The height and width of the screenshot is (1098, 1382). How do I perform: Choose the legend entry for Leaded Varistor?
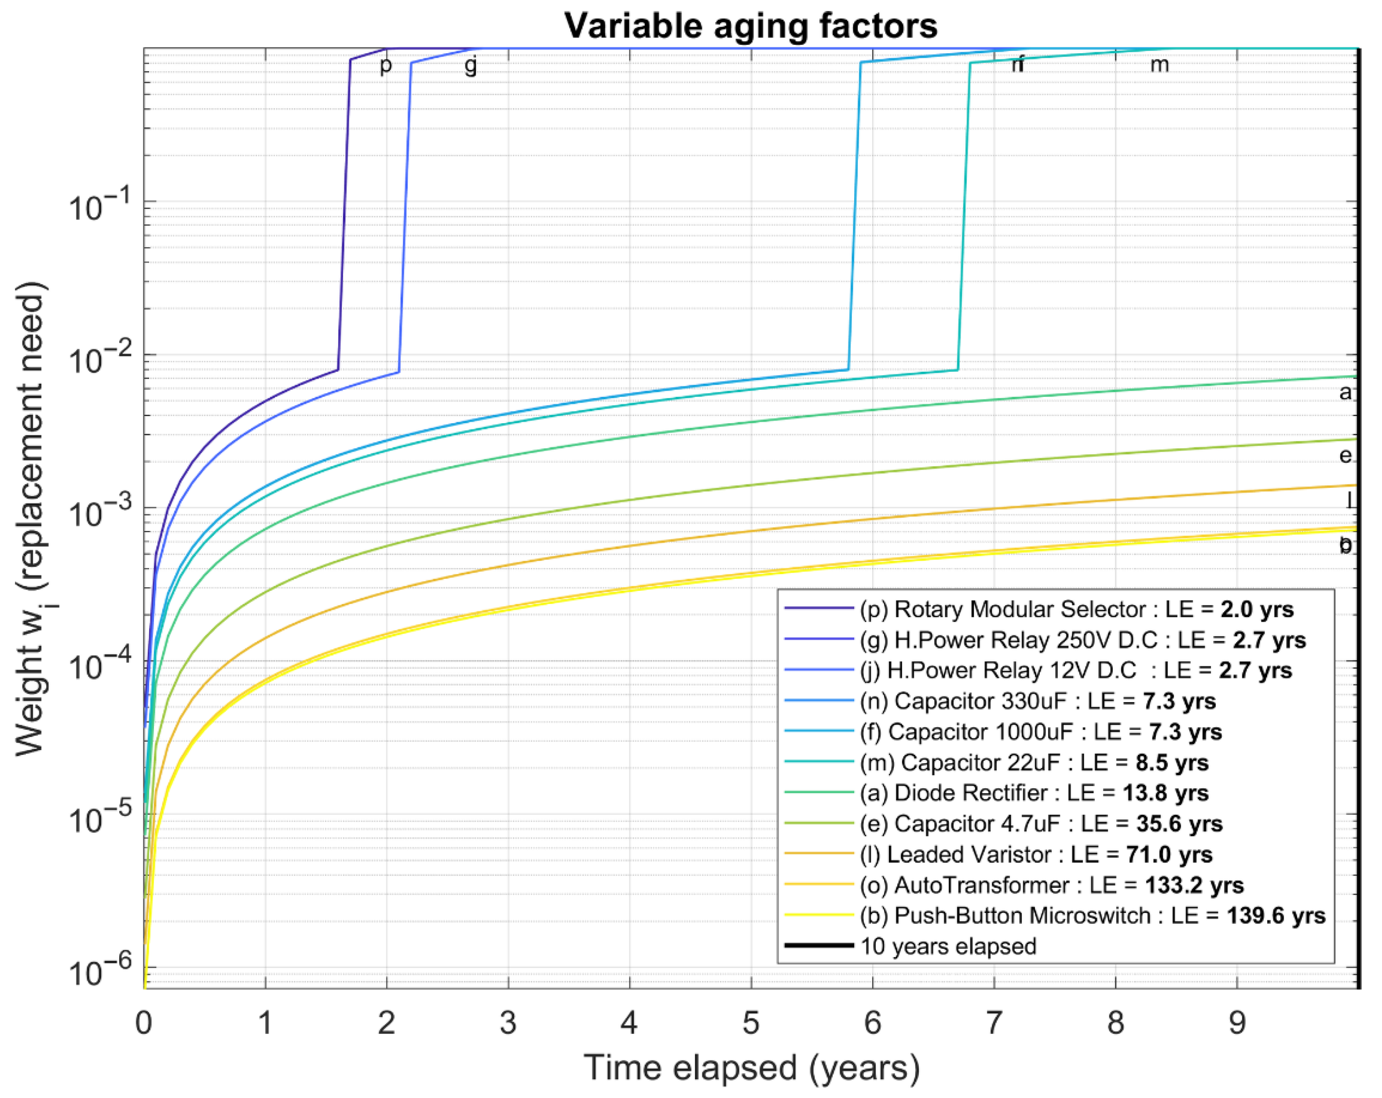(1036, 854)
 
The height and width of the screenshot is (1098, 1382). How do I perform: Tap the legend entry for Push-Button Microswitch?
(1092, 915)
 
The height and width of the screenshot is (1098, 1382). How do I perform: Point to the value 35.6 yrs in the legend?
(1179, 823)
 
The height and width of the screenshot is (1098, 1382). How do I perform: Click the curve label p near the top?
(385, 64)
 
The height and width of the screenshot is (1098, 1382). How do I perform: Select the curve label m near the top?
(1159, 64)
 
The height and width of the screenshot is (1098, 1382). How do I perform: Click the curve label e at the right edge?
(1345, 455)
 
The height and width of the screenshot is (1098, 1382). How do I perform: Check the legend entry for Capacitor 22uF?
(1033, 763)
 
